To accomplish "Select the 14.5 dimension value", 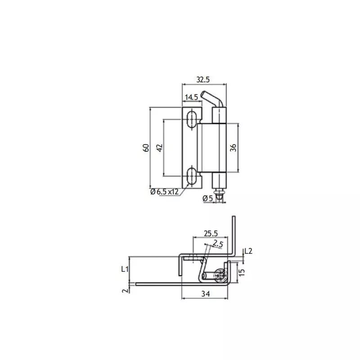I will tap(191, 97).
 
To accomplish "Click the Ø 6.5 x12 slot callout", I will tap(164, 192).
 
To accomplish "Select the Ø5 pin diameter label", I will tap(207, 198).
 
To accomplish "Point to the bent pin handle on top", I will tap(211, 99).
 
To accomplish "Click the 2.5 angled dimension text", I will tap(219, 244).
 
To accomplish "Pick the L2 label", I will tap(248, 251).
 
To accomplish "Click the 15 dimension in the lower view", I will tap(241, 272).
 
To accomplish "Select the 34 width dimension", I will tap(205, 294).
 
